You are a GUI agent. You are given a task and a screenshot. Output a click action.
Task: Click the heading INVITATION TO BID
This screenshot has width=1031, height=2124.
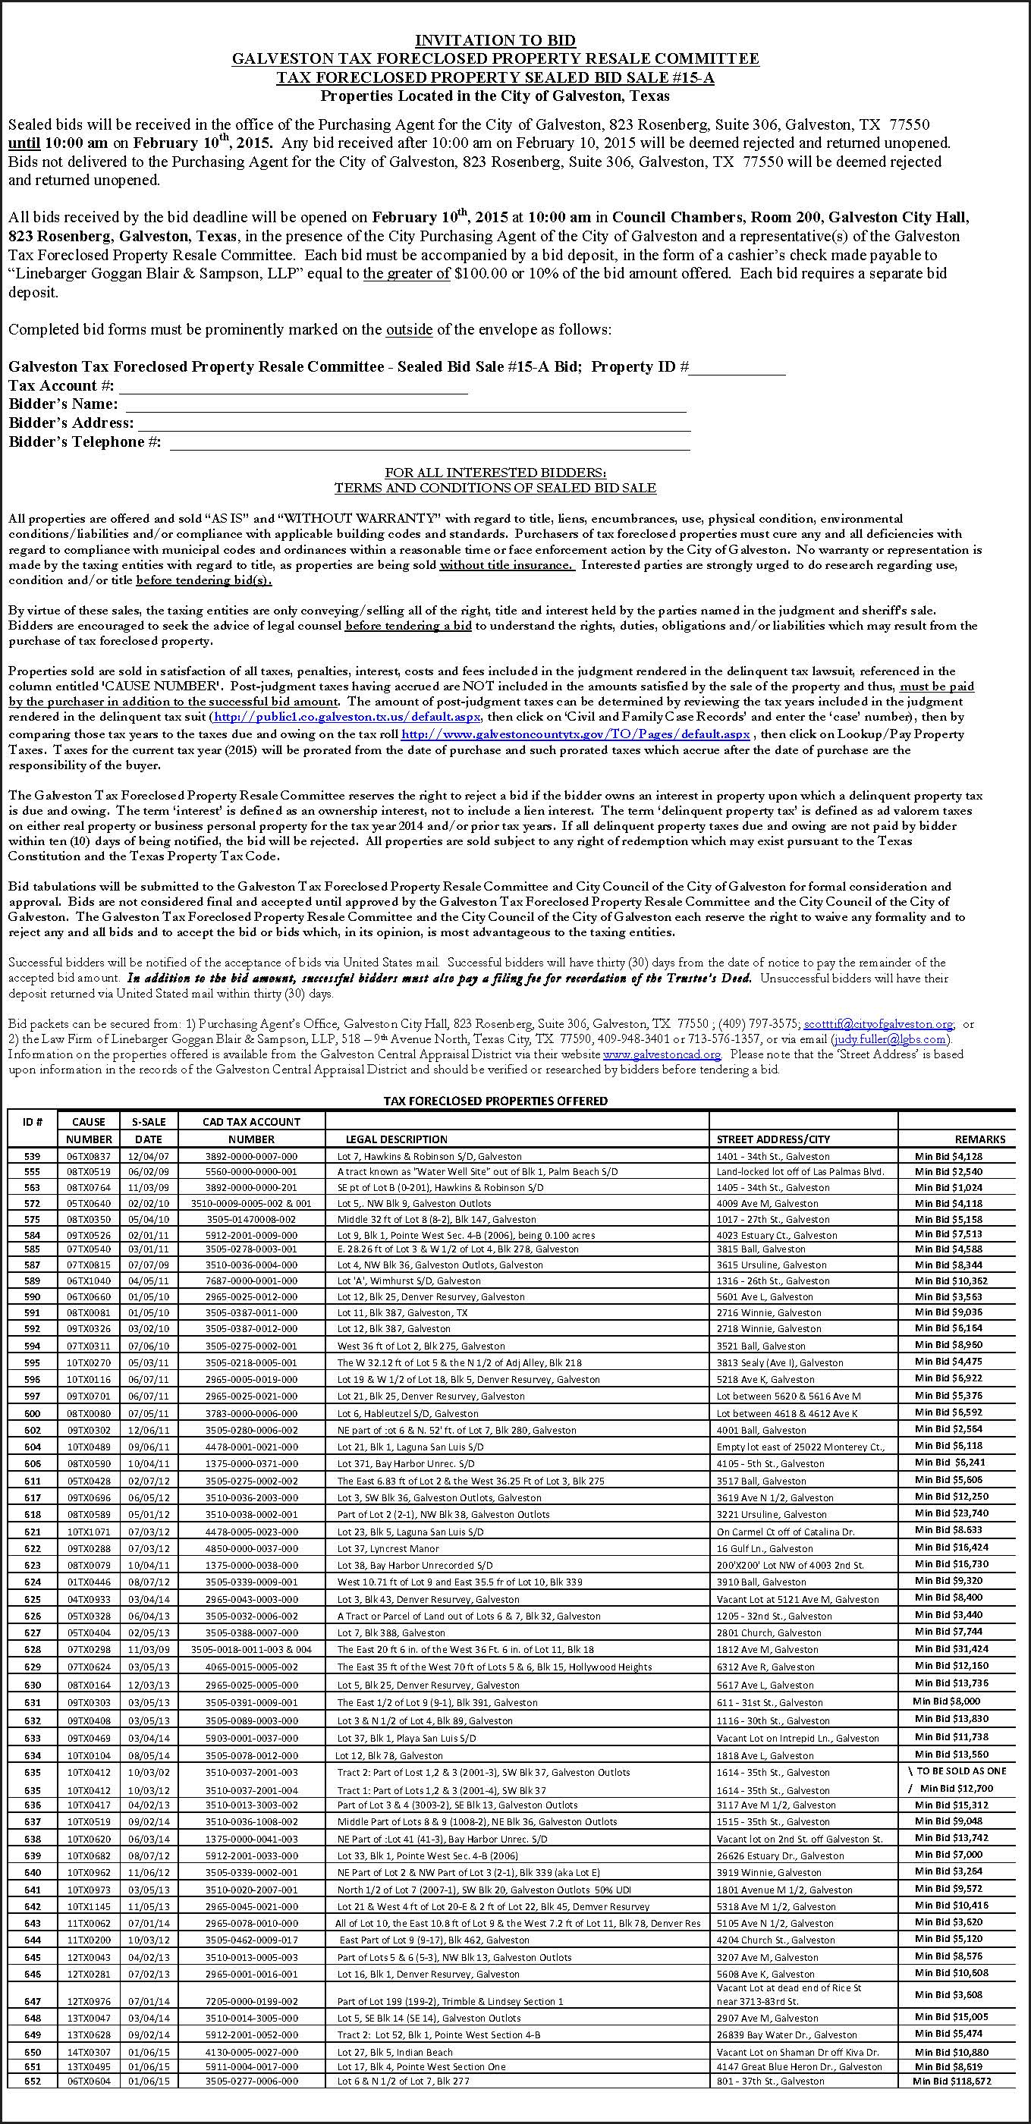(x=495, y=40)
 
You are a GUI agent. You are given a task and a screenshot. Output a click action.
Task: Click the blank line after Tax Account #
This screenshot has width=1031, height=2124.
(x=294, y=387)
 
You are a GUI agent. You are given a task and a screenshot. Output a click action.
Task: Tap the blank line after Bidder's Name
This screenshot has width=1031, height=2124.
(x=404, y=405)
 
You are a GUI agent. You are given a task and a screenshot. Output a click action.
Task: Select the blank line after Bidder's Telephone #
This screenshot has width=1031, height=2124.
(x=429, y=443)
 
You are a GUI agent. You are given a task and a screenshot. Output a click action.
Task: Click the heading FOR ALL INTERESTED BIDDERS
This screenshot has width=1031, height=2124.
(x=495, y=473)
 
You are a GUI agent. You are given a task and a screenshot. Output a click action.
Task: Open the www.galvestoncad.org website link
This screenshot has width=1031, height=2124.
(x=662, y=1054)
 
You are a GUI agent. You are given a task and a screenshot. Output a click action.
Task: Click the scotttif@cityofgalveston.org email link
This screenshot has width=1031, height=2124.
(x=879, y=1024)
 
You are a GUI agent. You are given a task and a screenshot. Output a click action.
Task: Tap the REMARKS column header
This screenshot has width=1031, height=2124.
(x=980, y=1139)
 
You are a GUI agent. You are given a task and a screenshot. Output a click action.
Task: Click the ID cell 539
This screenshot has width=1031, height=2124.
(x=32, y=1156)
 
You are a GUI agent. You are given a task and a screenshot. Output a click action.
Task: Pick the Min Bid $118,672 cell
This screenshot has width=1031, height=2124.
(x=951, y=2081)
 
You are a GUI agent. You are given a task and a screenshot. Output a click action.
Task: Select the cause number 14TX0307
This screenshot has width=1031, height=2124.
(x=88, y=2051)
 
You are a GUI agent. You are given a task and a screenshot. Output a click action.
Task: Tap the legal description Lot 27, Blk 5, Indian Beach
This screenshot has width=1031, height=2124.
(x=394, y=2051)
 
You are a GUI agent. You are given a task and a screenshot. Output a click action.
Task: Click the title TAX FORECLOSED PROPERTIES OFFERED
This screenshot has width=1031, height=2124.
(x=495, y=1101)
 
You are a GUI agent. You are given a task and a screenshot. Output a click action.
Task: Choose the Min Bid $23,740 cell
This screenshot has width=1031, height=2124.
(x=951, y=1513)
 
